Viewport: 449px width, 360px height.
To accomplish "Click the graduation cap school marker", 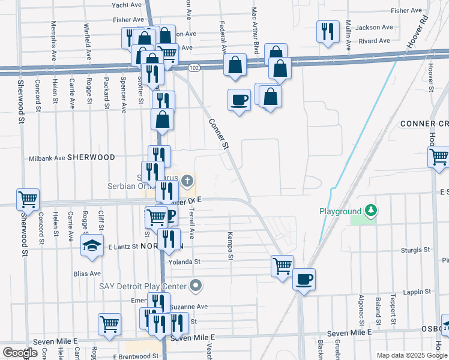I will [x=92, y=245].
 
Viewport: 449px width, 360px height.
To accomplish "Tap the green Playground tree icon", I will [x=372, y=211].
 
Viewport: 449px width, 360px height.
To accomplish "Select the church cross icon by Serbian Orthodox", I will [x=188, y=180].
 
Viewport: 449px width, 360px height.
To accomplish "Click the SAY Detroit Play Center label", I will [x=143, y=286].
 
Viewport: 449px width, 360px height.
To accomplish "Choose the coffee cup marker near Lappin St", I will [x=304, y=279].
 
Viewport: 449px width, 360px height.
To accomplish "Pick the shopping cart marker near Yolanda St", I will [x=282, y=265].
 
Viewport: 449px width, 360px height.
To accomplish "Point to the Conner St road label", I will [x=219, y=133].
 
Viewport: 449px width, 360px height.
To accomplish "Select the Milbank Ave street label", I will [x=47, y=159].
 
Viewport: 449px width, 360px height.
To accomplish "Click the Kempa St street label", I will [x=230, y=246].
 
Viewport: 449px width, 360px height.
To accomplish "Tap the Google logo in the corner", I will [x=20, y=352].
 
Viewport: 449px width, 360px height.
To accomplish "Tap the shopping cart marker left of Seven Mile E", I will [x=109, y=324].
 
